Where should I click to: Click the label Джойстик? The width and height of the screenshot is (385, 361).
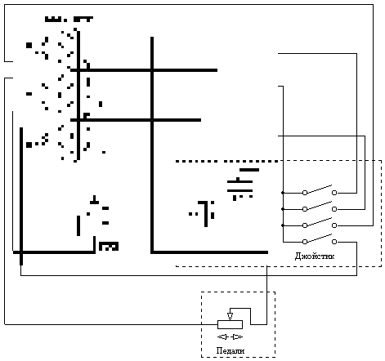pos(315,256)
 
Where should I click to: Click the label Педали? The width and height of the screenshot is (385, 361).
pos(231,350)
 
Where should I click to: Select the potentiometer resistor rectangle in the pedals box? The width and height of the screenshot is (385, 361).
pos(230,324)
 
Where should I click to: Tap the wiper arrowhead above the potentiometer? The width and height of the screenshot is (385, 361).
pos(230,317)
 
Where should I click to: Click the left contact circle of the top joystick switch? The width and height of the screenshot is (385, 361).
pos(305,193)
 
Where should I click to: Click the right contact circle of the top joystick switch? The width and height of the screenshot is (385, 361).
pos(334,193)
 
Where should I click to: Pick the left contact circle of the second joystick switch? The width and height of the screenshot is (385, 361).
pos(305,209)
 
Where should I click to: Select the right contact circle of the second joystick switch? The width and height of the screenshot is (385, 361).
pos(334,209)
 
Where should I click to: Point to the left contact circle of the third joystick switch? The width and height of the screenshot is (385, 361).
pos(305,225)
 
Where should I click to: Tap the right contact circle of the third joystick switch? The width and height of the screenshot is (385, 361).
pos(334,225)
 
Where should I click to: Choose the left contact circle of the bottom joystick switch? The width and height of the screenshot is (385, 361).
pos(305,242)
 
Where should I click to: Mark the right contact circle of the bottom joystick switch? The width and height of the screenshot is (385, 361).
pos(334,242)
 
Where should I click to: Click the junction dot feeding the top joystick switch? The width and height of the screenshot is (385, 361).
pos(283,193)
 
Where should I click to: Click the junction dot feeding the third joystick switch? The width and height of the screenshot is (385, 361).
pos(283,225)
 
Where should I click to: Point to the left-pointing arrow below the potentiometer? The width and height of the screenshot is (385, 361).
pos(222,337)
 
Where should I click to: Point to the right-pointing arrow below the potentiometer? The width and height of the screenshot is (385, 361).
pos(237,337)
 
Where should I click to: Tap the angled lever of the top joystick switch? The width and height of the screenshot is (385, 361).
pos(320,189)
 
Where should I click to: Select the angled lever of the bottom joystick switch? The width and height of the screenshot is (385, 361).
pos(320,238)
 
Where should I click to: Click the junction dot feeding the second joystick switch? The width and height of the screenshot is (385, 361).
pos(283,209)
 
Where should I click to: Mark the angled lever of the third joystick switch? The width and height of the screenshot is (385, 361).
pos(320,221)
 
